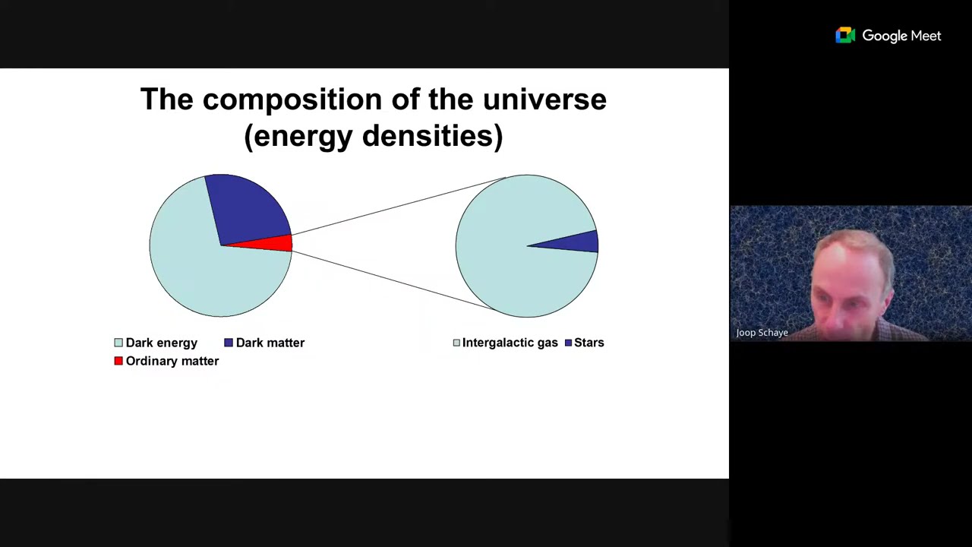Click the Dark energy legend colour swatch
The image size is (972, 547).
118,343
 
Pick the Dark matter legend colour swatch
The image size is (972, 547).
229,343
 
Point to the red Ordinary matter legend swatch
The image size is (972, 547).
118,361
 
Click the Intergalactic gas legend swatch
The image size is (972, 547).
456,343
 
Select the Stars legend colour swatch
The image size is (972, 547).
568,343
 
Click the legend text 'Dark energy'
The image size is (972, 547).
161,343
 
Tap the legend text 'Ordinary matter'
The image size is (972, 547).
172,361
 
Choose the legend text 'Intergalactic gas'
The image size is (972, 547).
510,343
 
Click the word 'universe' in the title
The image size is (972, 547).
544,100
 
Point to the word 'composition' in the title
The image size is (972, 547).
292,100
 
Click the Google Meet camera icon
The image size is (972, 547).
845,36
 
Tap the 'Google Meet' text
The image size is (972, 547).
901,36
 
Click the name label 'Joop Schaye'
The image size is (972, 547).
762,332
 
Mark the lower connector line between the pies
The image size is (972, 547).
395,280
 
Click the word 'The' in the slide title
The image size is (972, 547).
166,100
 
